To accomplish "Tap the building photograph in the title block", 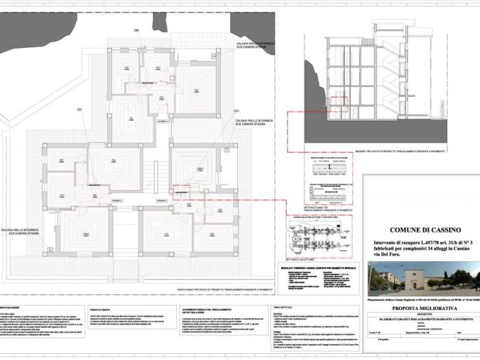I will pyautogui.click(x=420, y=277).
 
